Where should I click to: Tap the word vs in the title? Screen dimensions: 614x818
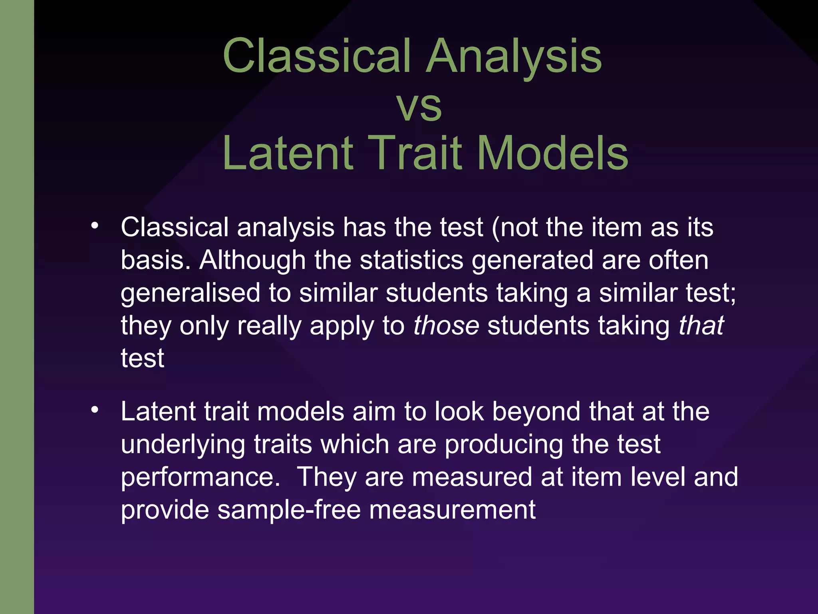point(419,106)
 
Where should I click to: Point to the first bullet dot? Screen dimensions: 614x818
point(94,226)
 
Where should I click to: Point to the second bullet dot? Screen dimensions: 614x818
point(94,410)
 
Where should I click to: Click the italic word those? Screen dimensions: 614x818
point(446,325)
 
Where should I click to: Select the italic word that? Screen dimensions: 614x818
point(701,325)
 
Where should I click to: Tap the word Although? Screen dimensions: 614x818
point(252,260)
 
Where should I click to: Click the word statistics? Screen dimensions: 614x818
point(411,260)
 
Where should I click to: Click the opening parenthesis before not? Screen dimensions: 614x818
point(495,228)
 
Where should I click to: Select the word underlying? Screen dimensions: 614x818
point(183,445)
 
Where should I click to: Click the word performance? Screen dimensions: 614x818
point(200,477)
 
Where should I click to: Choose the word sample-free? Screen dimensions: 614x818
point(289,510)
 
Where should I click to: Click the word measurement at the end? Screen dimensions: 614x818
point(452,510)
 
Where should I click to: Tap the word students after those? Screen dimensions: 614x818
point(538,325)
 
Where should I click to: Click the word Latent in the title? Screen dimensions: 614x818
point(288,153)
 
